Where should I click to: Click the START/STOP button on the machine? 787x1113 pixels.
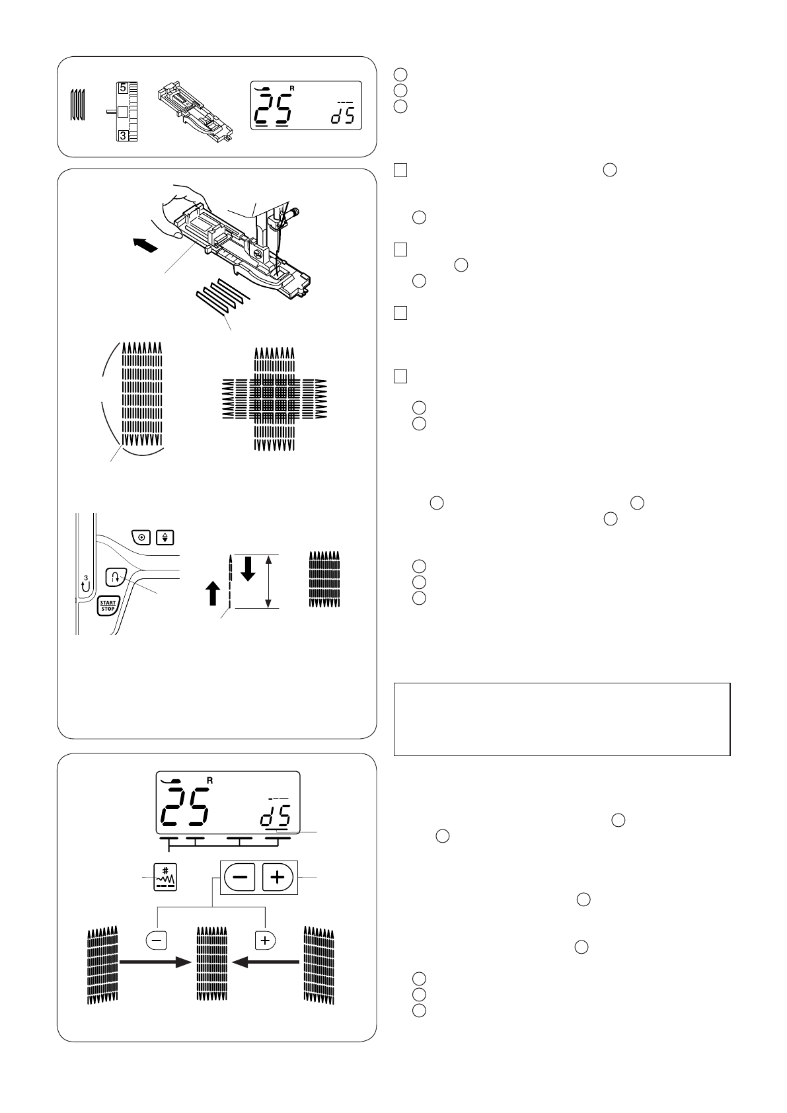pos(107,605)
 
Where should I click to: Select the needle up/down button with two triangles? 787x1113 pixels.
pos(165,537)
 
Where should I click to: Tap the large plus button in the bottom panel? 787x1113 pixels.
pos(278,877)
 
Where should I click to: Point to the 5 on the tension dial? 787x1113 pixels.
pos(124,87)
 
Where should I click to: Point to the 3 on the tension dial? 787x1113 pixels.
pos(124,135)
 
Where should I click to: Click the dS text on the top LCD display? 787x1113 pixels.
pos(342,117)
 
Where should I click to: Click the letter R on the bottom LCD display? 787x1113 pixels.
pos(210,781)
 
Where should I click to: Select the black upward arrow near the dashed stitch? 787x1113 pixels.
pos(213,595)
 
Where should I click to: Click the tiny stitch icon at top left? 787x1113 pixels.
pos(77,106)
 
